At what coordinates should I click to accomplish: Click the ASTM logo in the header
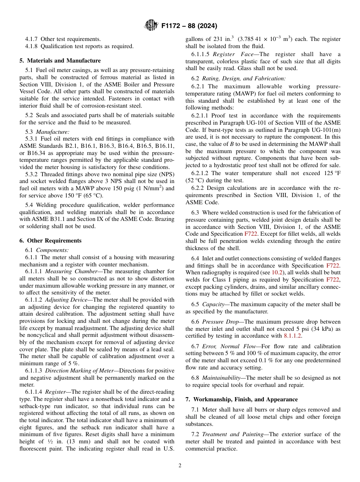pyautogui.click(x=152, y=26)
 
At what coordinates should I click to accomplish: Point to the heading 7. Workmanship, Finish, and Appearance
pyautogui.click(x=241, y=399)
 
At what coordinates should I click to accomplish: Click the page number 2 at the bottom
pyautogui.click(x=180, y=466)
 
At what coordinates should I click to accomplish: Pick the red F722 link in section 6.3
pyautogui.click(x=251, y=234)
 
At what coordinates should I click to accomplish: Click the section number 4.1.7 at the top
pyautogui.click(x=31, y=39)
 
